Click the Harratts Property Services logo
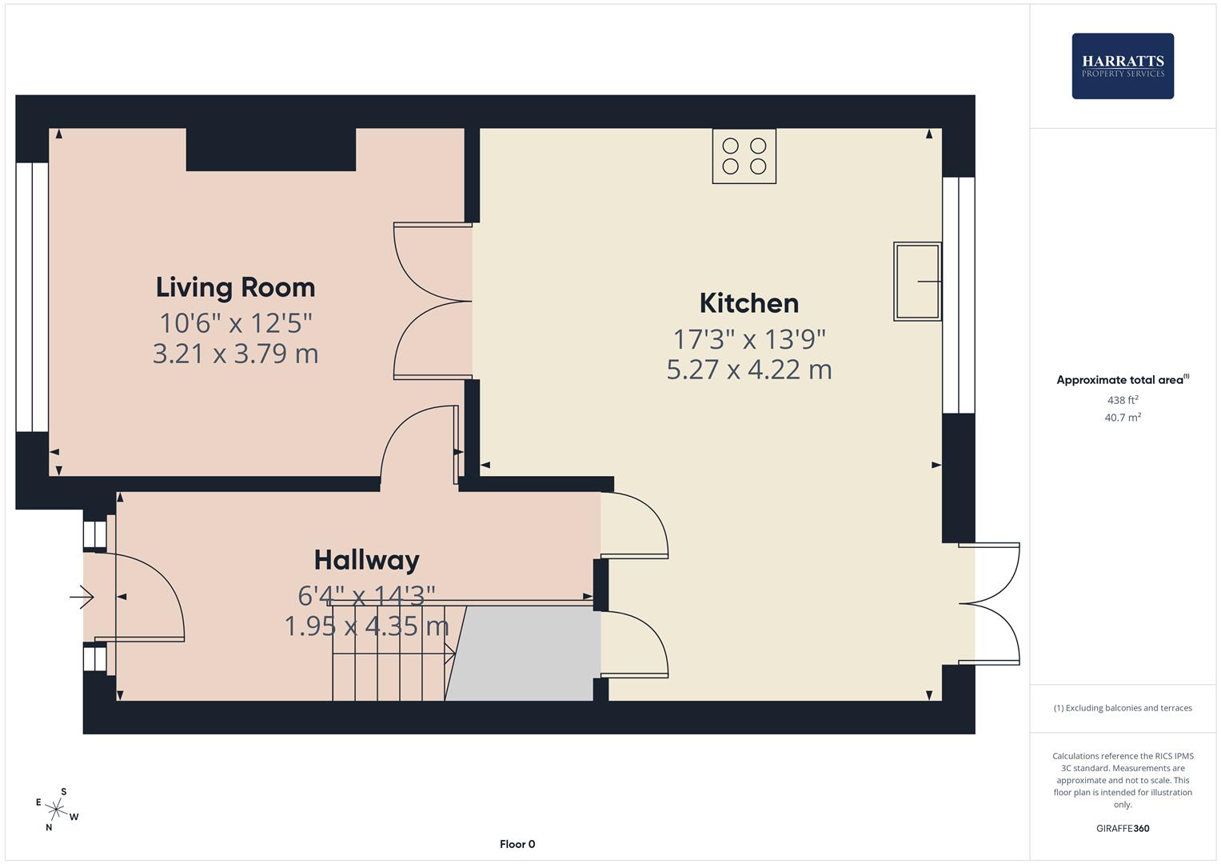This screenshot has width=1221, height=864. point(1122,66)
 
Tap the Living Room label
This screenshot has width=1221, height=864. point(235,287)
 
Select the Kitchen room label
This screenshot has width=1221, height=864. point(748,303)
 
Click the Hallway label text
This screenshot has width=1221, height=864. point(366,560)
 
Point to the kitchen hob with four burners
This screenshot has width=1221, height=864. point(744,156)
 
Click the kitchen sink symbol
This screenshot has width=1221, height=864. point(916,282)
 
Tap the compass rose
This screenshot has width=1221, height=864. point(55,810)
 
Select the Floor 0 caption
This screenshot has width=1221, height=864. point(517,844)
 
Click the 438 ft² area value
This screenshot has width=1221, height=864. point(1122,400)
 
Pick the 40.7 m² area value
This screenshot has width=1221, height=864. point(1122,417)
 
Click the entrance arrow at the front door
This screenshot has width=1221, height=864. point(82,597)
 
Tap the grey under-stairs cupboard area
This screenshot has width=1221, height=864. point(524,653)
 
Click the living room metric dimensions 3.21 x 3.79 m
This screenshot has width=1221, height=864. point(235,354)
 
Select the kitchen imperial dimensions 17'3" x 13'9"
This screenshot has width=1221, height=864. point(748,340)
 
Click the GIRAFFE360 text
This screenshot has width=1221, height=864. point(1122,828)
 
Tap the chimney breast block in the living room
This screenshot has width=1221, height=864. point(270,149)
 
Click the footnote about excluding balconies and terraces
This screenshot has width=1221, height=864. point(1122,708)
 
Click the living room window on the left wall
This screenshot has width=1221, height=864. point(32,297)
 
